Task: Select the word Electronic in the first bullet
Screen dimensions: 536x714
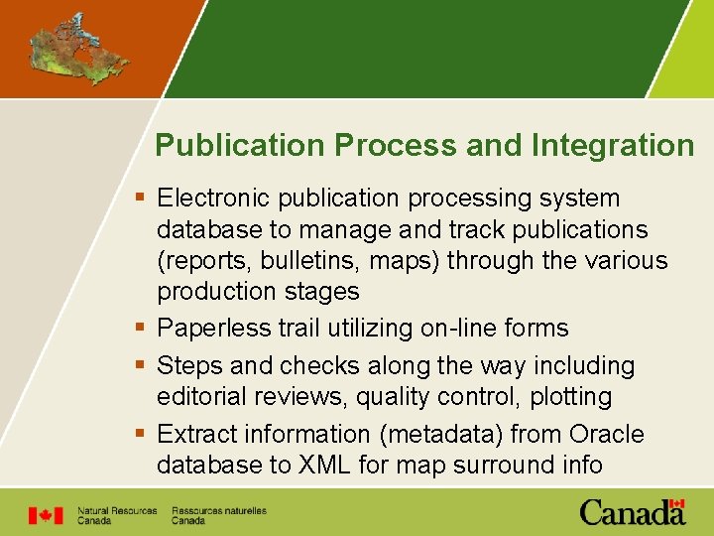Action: coord(213,199)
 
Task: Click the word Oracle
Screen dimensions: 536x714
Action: coord(607,434)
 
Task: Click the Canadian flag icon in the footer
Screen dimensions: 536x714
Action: coord(45,515)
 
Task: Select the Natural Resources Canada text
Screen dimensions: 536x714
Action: coord(116,515)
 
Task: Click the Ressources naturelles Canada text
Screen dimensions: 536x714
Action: coord(218,515)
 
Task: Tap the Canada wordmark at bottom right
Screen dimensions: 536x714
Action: coord(632,512)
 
